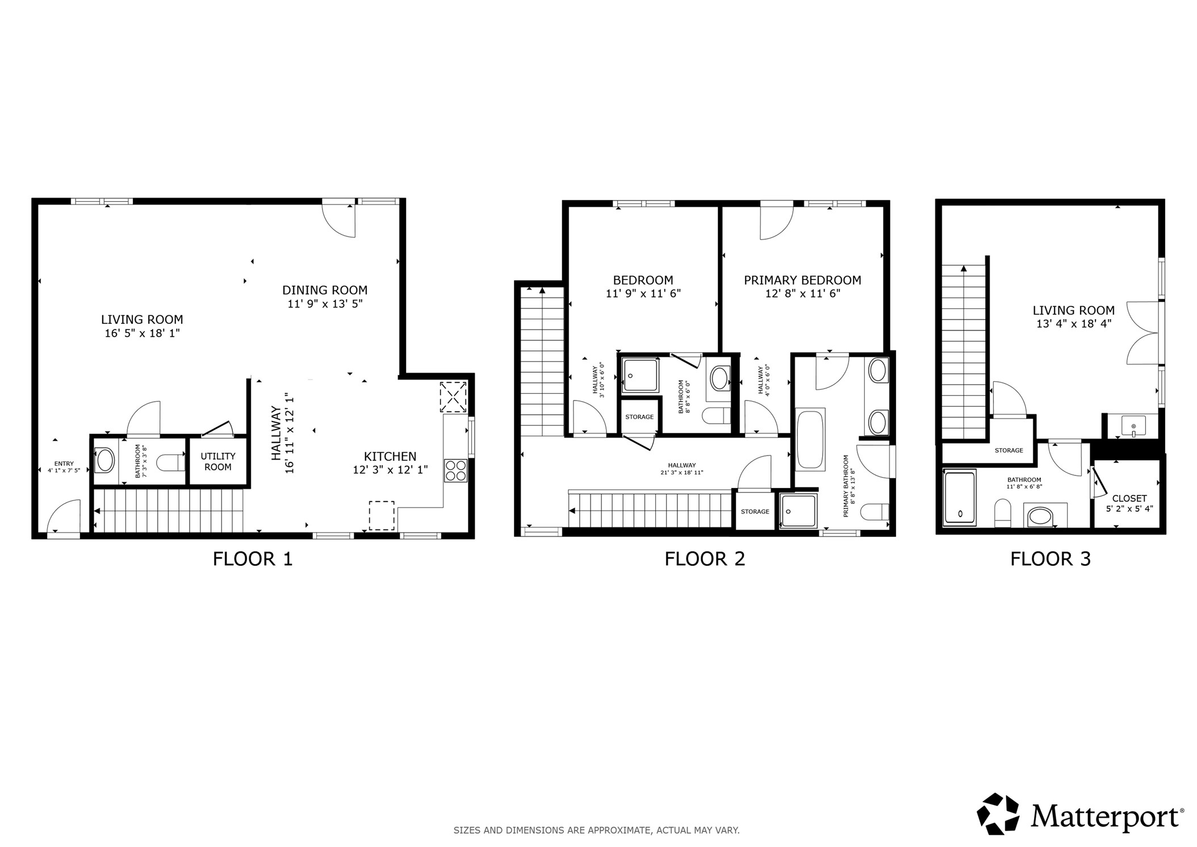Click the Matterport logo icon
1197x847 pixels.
click(997, 814)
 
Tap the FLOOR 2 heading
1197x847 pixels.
click(704, 559)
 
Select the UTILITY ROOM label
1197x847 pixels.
click(217, 461)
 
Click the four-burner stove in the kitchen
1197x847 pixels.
click(455, 470)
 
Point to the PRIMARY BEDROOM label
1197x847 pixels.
click(802, 280)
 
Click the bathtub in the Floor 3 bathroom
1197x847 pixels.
click(960, 498)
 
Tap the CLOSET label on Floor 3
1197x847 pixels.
click(1129, 498)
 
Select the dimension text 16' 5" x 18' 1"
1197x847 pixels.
click(142, 333)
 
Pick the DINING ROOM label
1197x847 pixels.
click(325, 290)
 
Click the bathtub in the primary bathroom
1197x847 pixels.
click(810, 439)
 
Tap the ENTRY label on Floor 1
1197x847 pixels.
click(64, 464)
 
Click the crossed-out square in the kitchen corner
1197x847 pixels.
click(453, 397)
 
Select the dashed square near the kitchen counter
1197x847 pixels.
click(382, 515)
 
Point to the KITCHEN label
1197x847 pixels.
click(390, 456)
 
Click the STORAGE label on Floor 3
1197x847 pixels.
click(1008, 450)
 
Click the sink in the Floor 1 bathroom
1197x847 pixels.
click(106, 461)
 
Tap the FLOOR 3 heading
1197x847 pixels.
click(1050, 559)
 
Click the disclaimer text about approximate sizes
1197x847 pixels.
click(596, 830)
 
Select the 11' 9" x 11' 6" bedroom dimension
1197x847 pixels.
click(643, 294)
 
